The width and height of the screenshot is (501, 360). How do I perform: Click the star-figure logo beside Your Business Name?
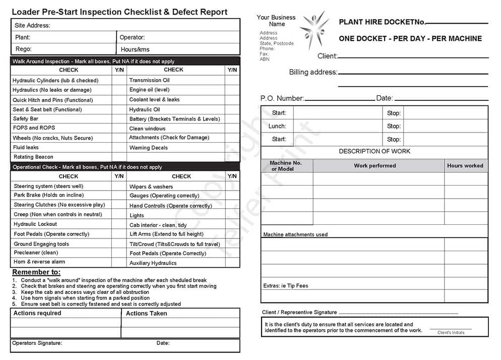click(x=315, y=30)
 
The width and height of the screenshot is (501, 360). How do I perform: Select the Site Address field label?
click(x=32, y=25)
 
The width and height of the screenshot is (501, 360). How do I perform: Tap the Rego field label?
click(x=23, y=49)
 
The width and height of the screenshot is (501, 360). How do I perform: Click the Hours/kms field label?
click(x=135, y=49)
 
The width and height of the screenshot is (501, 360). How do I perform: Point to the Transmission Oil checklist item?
click(x=149, y=80)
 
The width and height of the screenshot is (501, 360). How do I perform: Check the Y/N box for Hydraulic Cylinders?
click(x=118, y=80)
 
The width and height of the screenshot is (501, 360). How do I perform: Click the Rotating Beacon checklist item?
click(x=33, y=157)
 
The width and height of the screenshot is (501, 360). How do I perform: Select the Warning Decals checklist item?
click(x=148, y=148)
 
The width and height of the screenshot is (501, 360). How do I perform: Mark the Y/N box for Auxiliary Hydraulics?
click(x=232, y=263)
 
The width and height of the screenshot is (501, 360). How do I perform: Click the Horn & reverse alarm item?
click(x=39, y=262)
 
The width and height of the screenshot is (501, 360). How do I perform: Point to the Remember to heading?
click(x=36, y=272)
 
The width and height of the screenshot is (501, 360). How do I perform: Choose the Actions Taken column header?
click(x=146, y=313)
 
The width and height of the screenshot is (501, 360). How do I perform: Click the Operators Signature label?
click(x=37, y=343)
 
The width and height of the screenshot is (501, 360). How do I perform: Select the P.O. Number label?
click(x=282, y=98)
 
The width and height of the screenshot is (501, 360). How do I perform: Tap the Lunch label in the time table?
click(x=277, y=126)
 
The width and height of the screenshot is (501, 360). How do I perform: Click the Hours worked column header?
click(x=465, y=165)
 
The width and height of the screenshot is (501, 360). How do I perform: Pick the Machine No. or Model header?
click(x=286, y=166)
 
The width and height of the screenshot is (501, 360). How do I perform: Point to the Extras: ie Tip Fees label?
click(x=285, y=286)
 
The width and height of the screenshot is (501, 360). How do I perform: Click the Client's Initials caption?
click(x=451, y=333)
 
